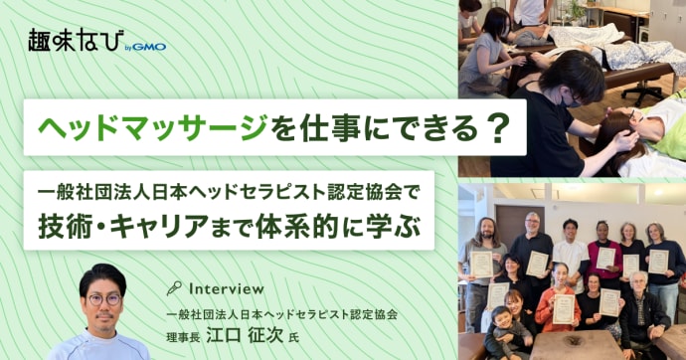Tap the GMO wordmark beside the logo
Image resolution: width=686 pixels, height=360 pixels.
tap(146, 46)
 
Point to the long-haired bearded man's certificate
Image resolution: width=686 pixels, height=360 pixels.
tap(482, 263)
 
